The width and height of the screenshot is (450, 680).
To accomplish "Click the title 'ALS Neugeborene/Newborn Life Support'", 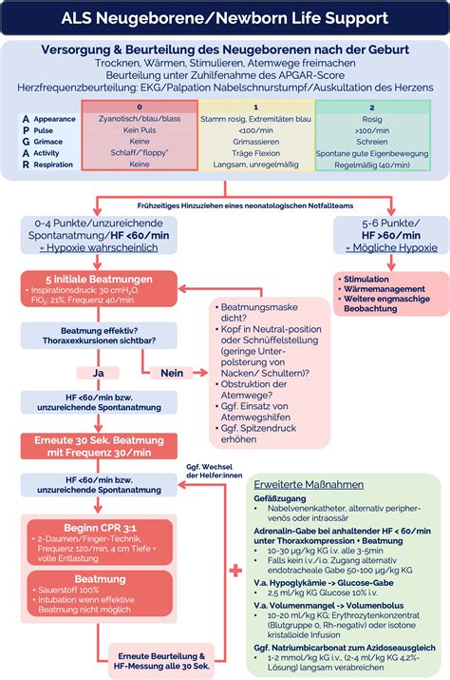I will (x=225, y=18).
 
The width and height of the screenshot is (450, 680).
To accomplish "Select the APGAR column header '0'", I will (x=140, y=107).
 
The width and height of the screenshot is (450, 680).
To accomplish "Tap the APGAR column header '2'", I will (x=372, y=107).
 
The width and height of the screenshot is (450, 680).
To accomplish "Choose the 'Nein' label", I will (x=171, y=373).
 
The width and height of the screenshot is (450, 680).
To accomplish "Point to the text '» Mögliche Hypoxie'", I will (x=390, y=246).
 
